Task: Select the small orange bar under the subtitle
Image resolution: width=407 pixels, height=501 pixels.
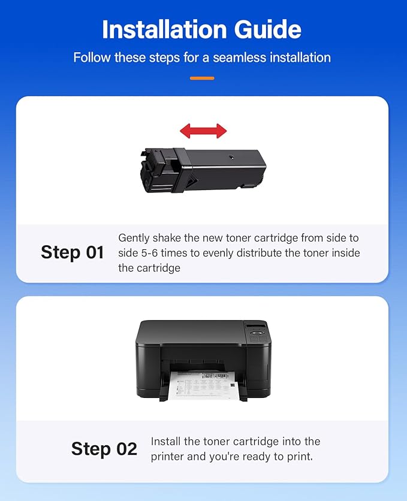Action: (202, 78)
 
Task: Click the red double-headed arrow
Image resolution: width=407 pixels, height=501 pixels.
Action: (203, 131)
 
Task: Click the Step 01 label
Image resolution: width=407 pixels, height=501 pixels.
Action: (73, 252)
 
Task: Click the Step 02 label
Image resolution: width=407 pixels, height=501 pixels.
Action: (104, 449)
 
